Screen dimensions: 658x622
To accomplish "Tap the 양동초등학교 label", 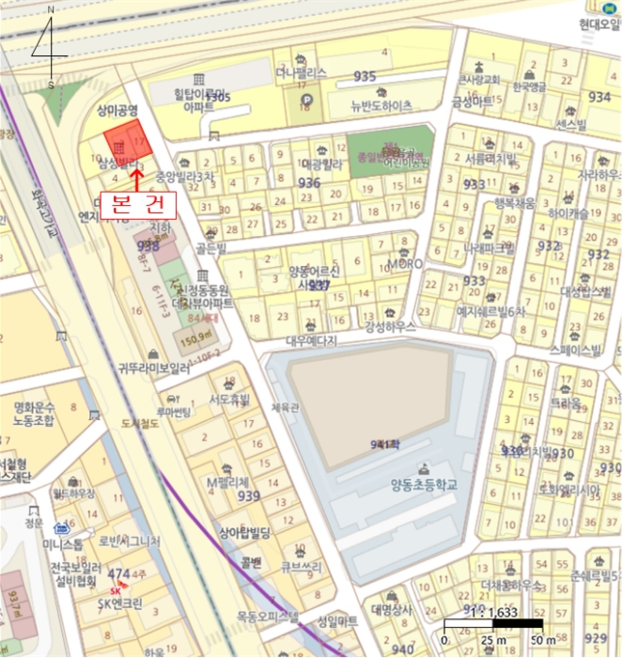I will tap(425, 485).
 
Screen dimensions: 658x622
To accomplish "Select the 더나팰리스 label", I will tap(301, 71).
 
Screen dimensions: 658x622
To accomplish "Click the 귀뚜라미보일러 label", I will tap(155, 369).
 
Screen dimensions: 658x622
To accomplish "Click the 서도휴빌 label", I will tap(229, 399).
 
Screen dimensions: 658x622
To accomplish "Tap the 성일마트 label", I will tap(338, 621).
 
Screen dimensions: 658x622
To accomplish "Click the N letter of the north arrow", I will tap(50, 9).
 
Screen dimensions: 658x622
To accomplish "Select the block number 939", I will tap(249, 496).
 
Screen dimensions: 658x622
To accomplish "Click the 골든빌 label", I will tap(213, 247).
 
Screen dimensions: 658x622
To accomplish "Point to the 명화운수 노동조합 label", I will tap(37, 415).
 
